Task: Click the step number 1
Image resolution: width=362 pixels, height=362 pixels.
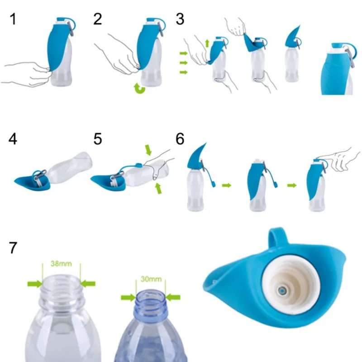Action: (x=13, y=19)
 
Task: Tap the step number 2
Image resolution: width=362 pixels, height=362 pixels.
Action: (x=98, y=19)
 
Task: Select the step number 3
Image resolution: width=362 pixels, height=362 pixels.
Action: (x=180, y=19)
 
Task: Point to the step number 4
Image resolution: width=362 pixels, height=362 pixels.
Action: (x=13, y=139)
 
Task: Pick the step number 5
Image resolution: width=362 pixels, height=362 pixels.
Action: (x=98, y=139)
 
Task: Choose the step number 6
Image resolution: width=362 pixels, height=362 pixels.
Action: (x=180, y=139)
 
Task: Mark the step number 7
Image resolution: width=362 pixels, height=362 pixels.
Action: (x=13, y=248)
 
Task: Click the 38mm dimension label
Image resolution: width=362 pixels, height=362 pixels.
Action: (x=61, y=264)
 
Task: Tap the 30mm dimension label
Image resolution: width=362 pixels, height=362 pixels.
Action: (x=151, y=279)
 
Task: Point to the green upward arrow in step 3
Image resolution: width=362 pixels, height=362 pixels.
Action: (x=207, y=43)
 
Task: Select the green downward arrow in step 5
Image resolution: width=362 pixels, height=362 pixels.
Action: (x=148, y=150)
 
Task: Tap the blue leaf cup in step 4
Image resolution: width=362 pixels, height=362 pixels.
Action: (x=32, y=181)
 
